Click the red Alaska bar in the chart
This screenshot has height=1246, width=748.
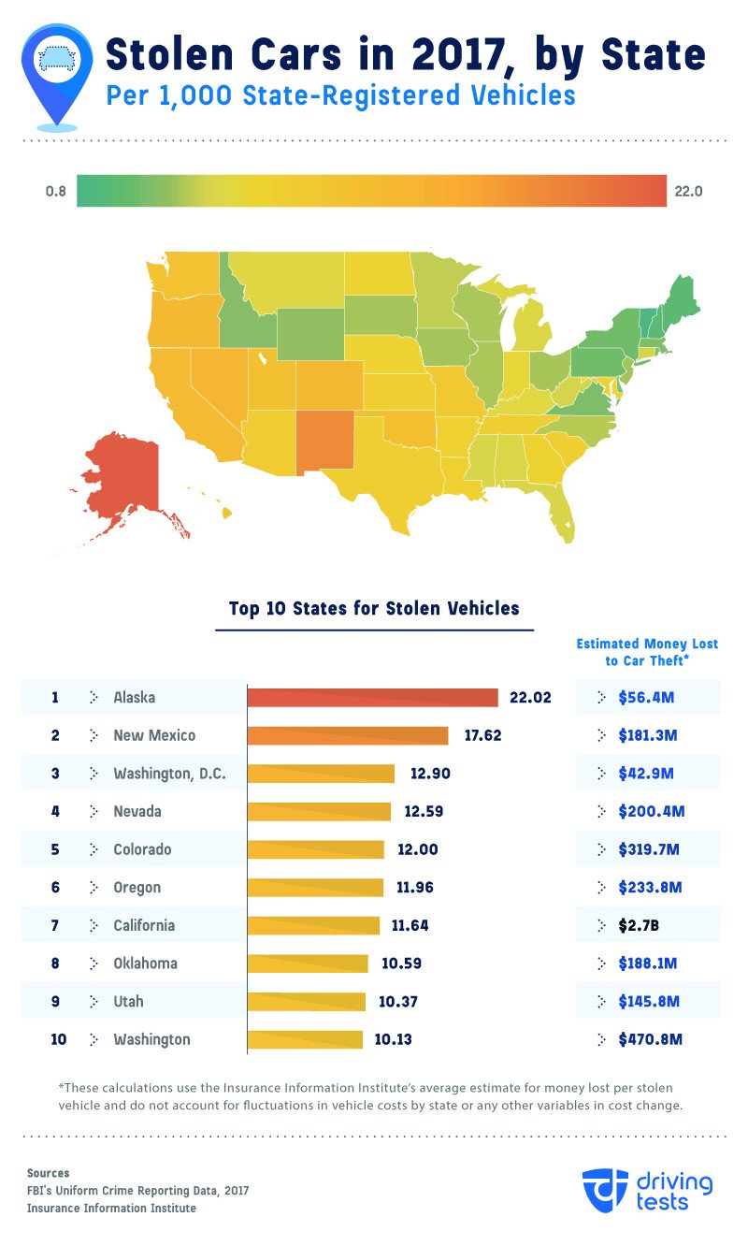(x=372, y=698)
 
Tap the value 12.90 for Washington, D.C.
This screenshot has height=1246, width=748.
(x=430, y=774)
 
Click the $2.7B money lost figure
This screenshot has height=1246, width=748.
(x=638, y=926)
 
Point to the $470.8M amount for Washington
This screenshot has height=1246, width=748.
(x=651, y=1039)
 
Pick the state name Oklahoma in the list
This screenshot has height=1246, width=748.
(x=145, y=963)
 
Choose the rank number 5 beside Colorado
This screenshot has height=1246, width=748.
(x=55, y=849)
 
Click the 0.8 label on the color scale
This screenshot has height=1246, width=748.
(x=55, y=192)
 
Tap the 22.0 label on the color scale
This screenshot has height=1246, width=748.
(x=687, y=192)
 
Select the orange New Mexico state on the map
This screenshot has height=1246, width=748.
(x=326, y=438)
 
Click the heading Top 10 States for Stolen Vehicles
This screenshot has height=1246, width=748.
(x=374, y=609)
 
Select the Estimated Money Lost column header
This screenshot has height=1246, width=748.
(x=647, y=652)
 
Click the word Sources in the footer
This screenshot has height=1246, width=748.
(x=48, y=1173)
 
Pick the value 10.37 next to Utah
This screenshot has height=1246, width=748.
(x=398, y=1001)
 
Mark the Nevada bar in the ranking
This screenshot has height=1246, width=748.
(x=319, y=811)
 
